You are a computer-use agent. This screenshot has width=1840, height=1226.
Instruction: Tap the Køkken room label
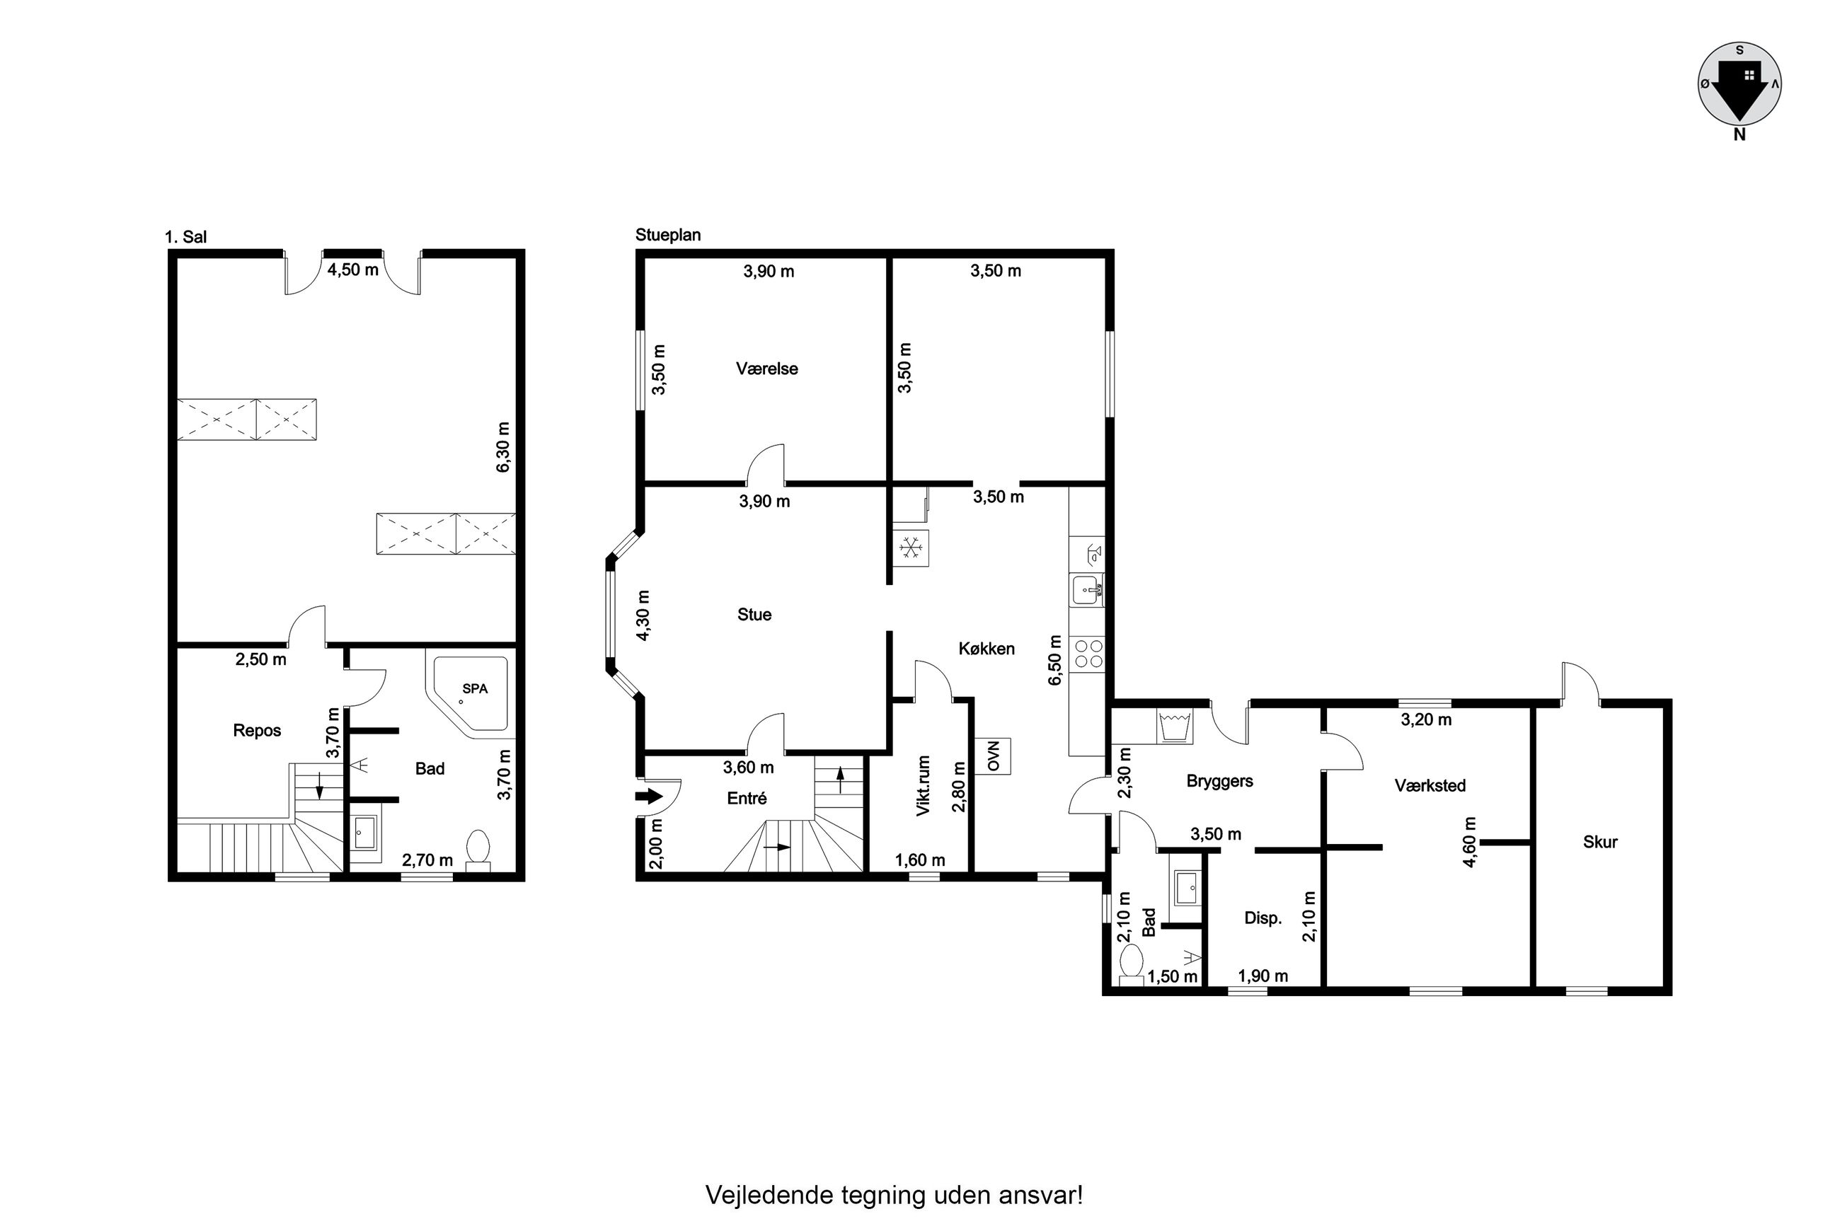[x=986, y=648]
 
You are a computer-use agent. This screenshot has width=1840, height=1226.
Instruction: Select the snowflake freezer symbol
[x=910, y=548]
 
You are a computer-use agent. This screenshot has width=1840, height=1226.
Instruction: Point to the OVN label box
[x=993, y=756]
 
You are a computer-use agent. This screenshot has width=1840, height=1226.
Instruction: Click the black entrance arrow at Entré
[x=649, y=797]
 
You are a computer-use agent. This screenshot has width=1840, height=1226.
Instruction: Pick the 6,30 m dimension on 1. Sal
[x=502, y=446]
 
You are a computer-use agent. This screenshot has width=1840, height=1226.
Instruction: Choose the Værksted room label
[x=1430, y=785]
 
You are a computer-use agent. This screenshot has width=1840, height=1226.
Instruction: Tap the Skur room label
[x=1600, y=841]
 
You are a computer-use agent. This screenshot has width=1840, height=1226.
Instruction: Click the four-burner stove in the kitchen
[x=1088, y=654]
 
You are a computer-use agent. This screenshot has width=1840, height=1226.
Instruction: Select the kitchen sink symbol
[x=1087, y=590]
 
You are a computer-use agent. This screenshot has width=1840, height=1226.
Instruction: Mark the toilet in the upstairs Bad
[x=477, y=850]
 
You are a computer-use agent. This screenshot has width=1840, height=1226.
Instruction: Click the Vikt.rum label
[x=923, y=786]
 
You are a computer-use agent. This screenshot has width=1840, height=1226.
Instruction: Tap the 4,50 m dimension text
[x=352, y=269]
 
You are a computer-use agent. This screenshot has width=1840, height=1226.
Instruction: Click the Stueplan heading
[x=668, y=235]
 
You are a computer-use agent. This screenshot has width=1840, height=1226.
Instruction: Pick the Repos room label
[x=256, y=730]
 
